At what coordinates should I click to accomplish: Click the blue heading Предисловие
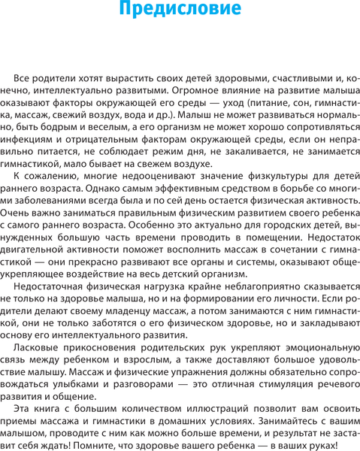pos(180,11)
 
